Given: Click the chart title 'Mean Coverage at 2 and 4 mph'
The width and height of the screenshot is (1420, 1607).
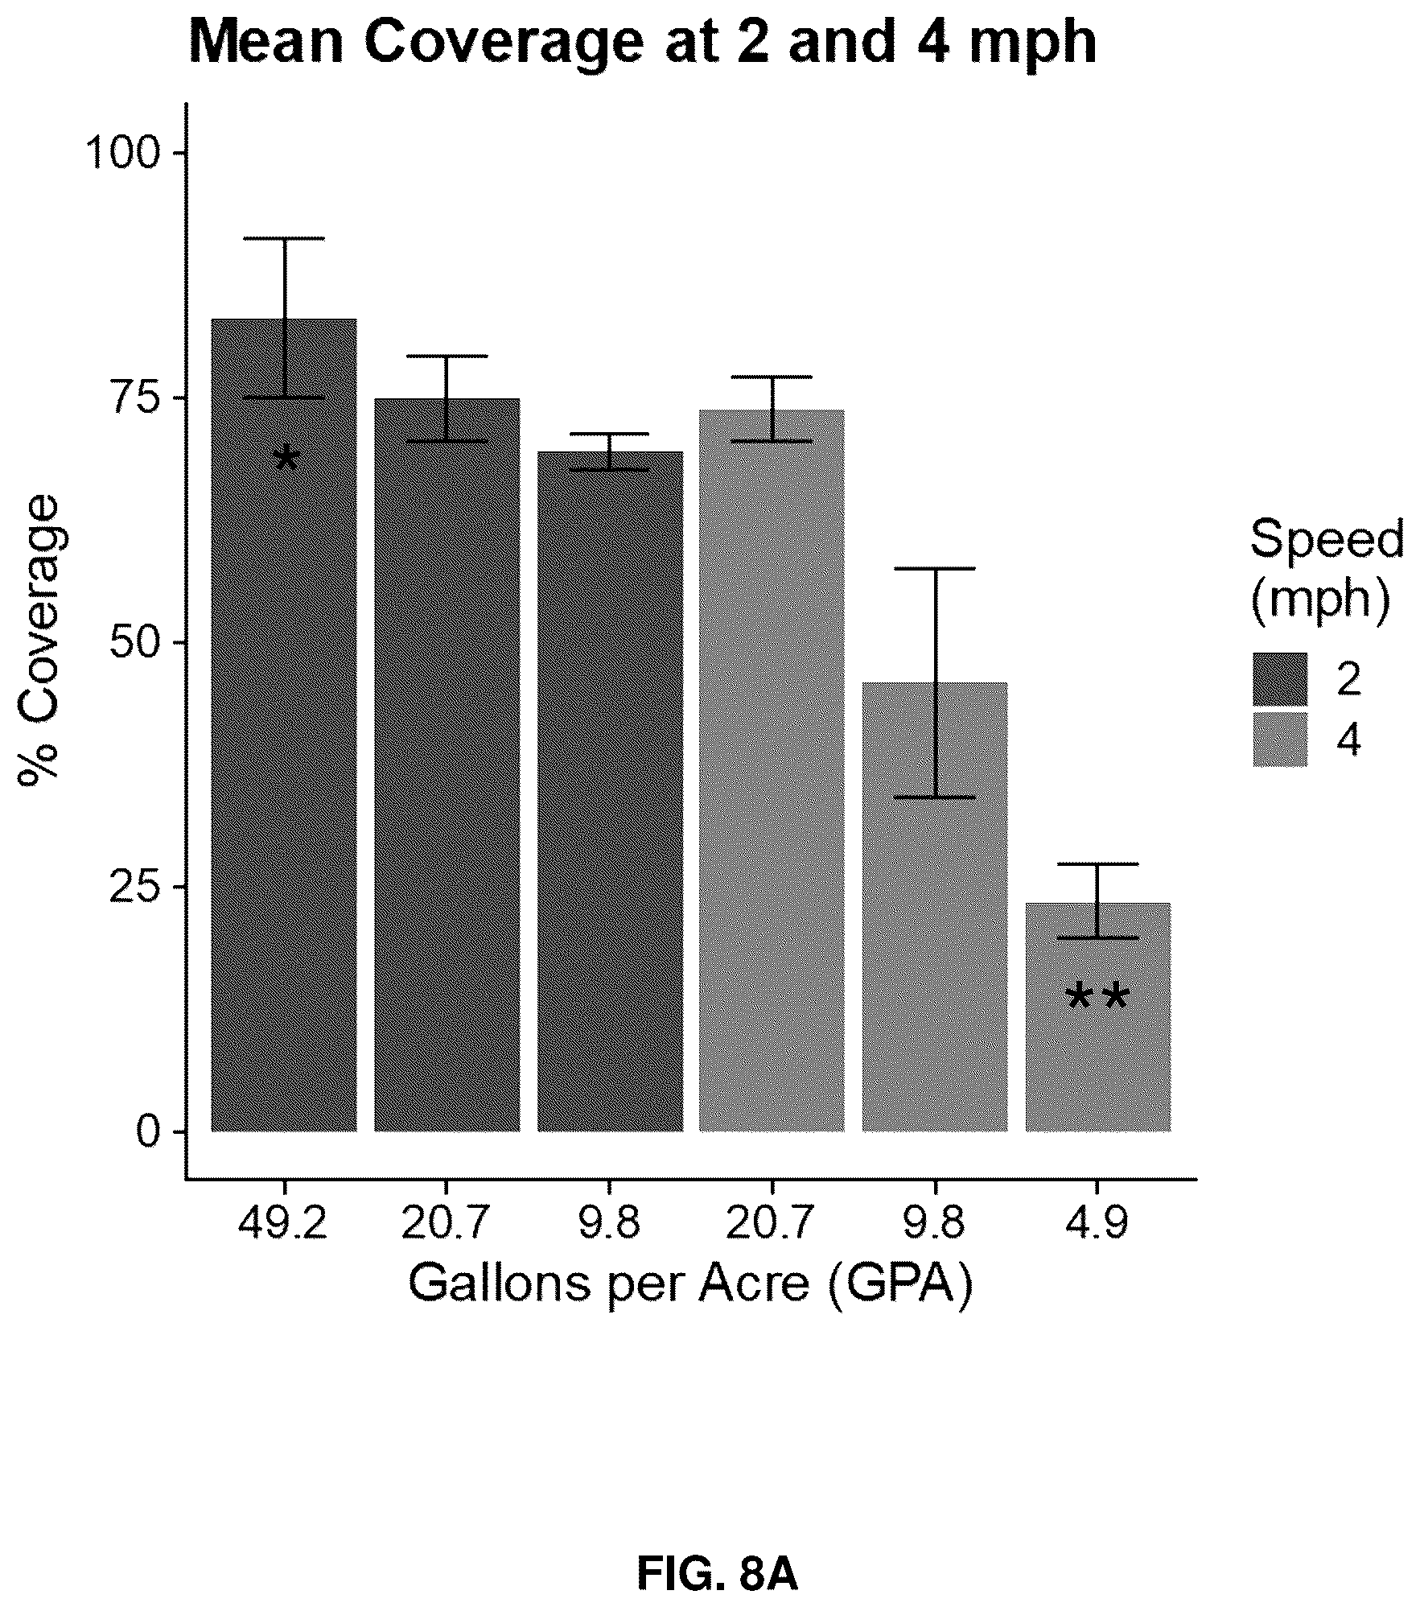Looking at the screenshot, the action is [x=643, y=43].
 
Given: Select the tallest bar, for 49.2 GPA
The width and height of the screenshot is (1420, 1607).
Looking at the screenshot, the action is [x=284, y=725].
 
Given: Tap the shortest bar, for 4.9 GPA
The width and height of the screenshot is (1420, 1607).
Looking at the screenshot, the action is [x=1097, y=1017].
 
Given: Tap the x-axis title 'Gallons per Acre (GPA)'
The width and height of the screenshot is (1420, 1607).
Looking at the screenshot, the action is [x=690, y=1284].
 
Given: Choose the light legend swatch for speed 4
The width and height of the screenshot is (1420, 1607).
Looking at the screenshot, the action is [x=1279, y=739].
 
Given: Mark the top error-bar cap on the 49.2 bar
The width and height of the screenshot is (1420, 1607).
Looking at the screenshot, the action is [x=284, y=238].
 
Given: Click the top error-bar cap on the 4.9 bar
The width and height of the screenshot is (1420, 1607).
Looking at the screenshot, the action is [x=1097, y=863].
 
